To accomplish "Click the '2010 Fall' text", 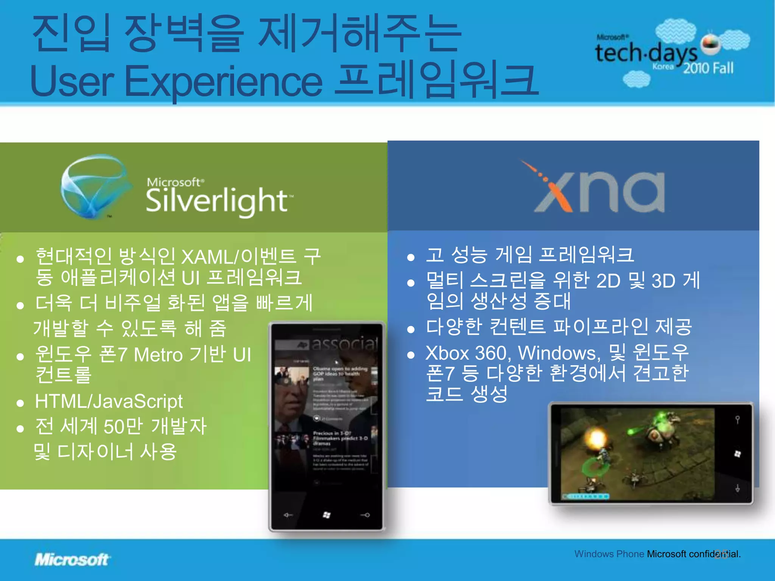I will point(708,68).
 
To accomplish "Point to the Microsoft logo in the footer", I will point(72,559).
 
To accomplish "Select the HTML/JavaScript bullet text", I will point(109,401).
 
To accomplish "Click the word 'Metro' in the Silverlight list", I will point(158,355).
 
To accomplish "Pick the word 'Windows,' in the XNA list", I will point(559,353).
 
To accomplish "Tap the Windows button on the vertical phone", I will point(327,515).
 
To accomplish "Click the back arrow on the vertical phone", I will point(288,515).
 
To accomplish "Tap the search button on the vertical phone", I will point(365,515).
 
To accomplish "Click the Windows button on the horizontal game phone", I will point(737,454).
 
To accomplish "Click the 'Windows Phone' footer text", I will point(609,554).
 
